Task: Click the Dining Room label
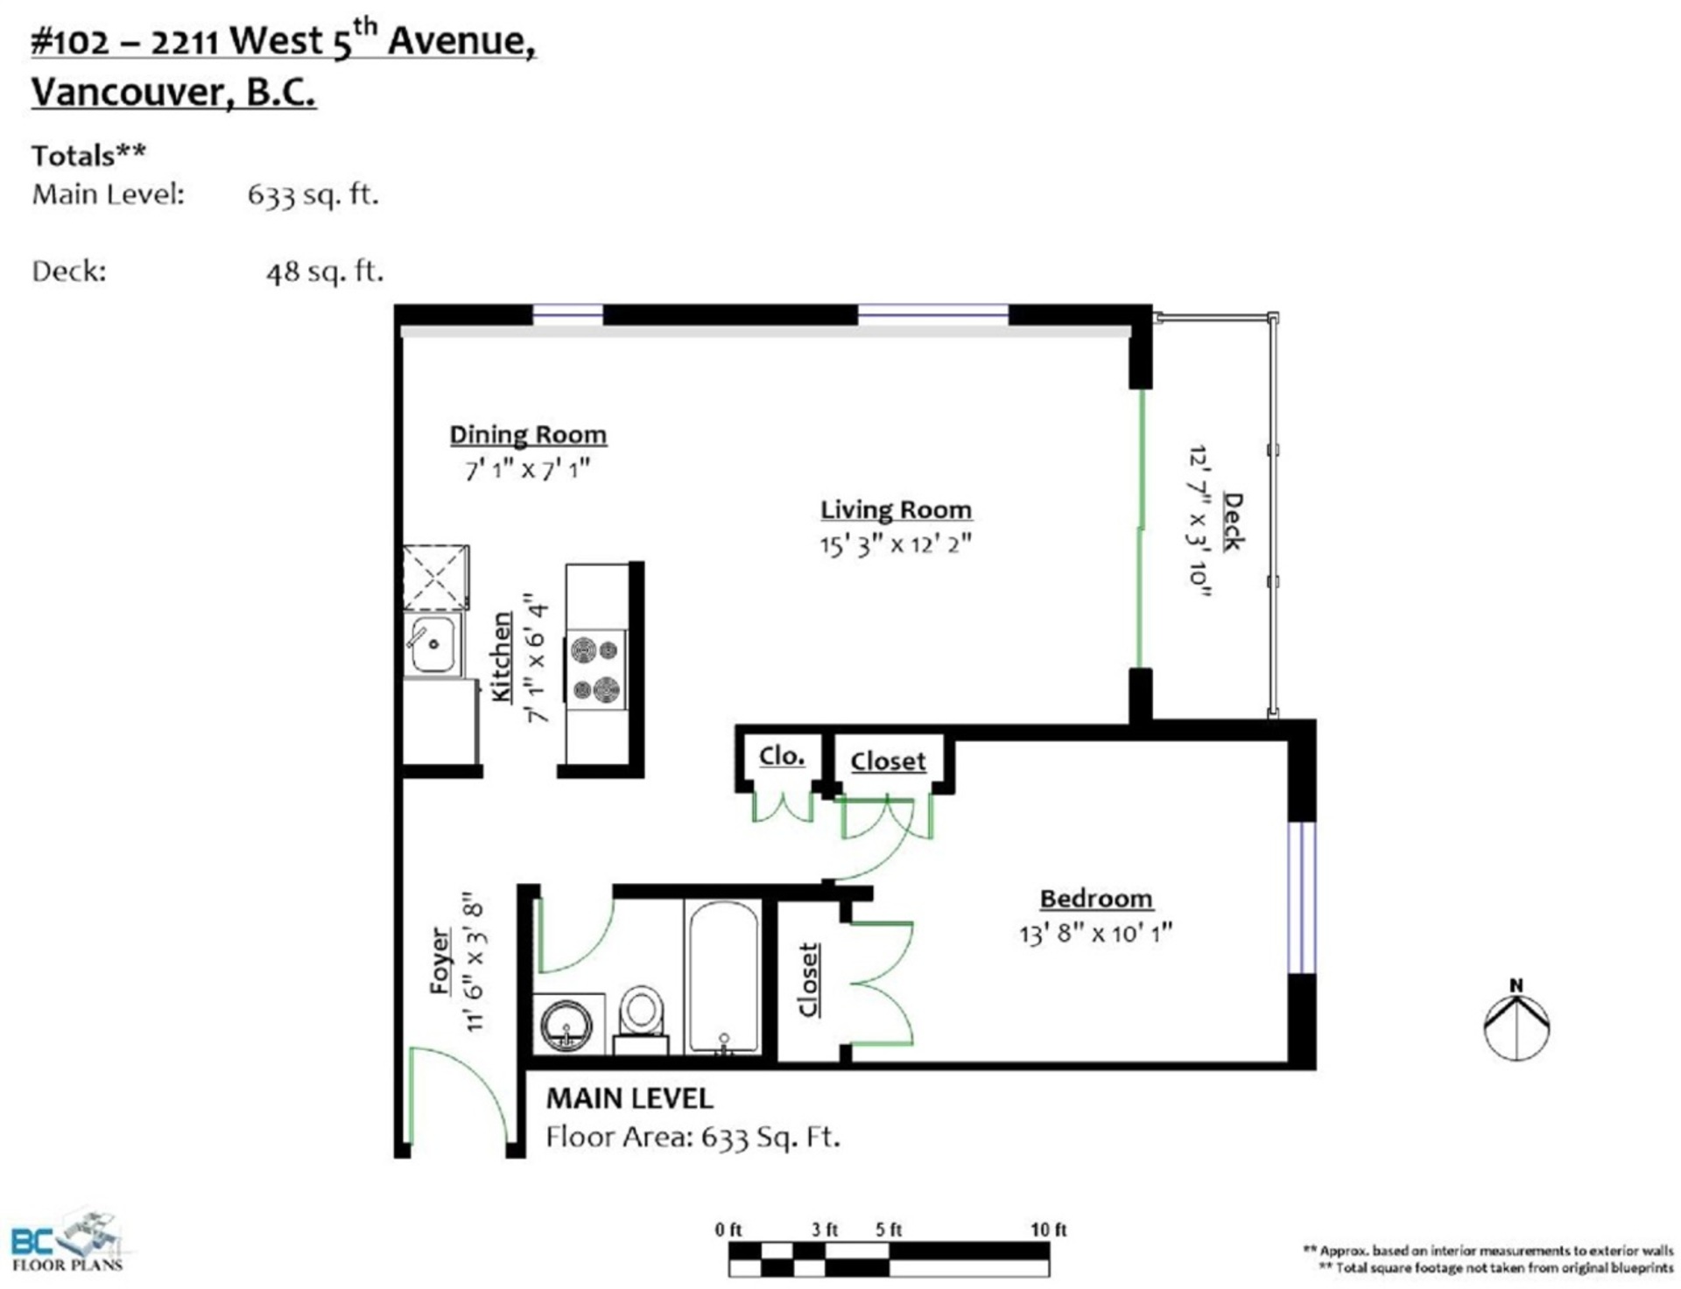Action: pos(528,435)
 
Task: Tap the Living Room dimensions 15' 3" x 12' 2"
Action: pos(896,544)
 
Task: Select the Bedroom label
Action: pos(1095,899)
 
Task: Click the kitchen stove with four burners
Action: pos(595,670)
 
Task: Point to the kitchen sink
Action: pos(433,643)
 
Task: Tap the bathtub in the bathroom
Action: pos(723,977)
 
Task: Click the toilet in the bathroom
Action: pos(641,1019)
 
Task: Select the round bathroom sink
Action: pos(566,1024)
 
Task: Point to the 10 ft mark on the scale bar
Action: pos(1048,1229)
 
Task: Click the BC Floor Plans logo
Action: pos(67,1241)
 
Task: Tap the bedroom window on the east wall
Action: pos(1302,897)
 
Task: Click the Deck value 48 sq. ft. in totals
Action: pos(325,272)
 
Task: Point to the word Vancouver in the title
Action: pos(128,92)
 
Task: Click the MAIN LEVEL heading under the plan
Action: pos(629,1098)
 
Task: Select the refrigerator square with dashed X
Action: pos(436,578)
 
